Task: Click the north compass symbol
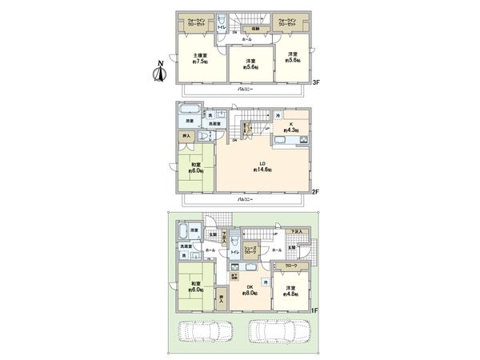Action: pyautogui.click(x=158, y=72)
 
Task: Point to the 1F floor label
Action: pyautogui.click(x=314, y=310)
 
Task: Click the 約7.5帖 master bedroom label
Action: pyautogui.click(x=199, y=58)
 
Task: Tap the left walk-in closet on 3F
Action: pyautogui.click(x=196, y=23)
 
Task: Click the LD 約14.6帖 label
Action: pyautogui.click(x=262, y=166)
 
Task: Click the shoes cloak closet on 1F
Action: pyautogui.click(x=250, y=250)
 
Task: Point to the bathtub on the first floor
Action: pyautogui.click(x=183, y=232)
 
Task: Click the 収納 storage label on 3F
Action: pyautogui.click(x=254, y=27)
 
